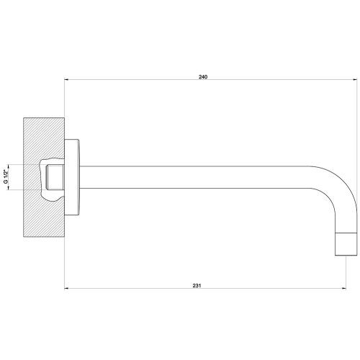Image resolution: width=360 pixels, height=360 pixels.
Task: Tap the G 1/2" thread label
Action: tap(6, 177)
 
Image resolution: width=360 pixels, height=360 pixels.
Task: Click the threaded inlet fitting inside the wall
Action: tap(52, 177)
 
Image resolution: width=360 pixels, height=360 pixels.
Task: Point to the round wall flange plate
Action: tap(75, 177)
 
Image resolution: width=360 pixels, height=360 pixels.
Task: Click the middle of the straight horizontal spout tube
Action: tap(202, 177)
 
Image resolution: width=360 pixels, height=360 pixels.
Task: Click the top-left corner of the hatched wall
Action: tap(24, 117)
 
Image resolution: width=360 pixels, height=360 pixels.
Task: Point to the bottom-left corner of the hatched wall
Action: tap(24, 237)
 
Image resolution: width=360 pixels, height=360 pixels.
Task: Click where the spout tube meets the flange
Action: tap(84, 177)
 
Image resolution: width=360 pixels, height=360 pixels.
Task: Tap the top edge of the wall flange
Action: tap(75, 139)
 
